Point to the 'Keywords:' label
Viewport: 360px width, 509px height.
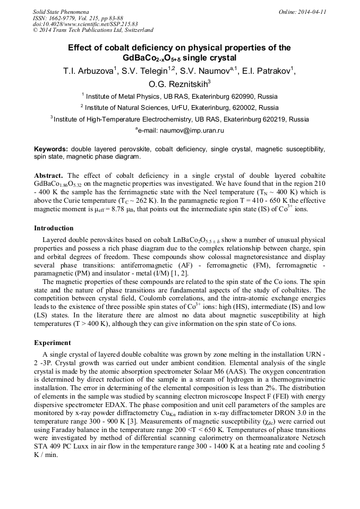point(51,150)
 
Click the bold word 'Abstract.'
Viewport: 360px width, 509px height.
point(49,176)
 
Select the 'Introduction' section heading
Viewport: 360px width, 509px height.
point(54,228)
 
